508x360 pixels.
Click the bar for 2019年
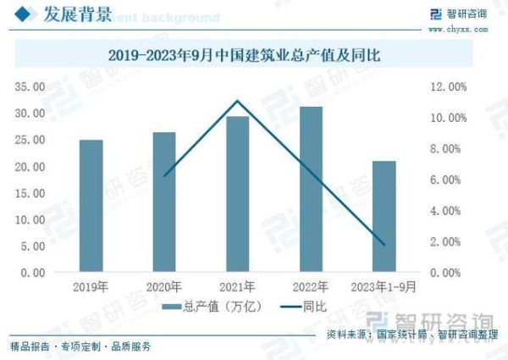point(91,206)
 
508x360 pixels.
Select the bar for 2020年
point(164,202)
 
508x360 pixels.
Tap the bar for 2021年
point(237,194)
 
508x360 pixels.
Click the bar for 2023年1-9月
point(384,216)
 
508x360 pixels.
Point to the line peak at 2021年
point(237,101)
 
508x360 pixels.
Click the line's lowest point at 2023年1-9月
point(384,245)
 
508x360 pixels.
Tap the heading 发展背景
point(63,14)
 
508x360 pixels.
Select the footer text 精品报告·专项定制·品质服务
point(81,346)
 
